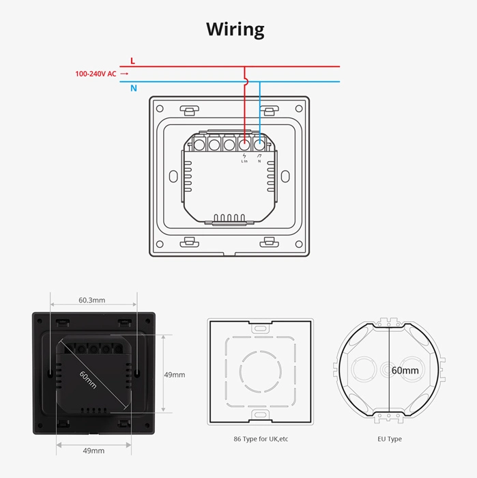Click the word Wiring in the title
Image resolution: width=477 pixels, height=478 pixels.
click(x=235, y=29)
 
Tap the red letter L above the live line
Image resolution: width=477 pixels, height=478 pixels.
click(x=132, y=61)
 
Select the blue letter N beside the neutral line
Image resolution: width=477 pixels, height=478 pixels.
click(x=133, y=88)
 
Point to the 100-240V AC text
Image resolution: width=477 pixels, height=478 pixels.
click(x=96, y=74)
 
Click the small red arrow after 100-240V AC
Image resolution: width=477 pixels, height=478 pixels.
click(x=124, y=74)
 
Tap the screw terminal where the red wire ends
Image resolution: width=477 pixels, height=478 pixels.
click(x=244, y=145)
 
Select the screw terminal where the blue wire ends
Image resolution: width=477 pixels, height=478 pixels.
click(x=259, y=145)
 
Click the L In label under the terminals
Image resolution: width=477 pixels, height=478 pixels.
click(x=244, y=161)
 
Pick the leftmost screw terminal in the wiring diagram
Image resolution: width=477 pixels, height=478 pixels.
click(x=199, y=145)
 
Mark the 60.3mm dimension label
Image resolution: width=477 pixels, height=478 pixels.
click(x=92, y=300)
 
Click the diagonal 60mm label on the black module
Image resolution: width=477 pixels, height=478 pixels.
click(x=87, y=380)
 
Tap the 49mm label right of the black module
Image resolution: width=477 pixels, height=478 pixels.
click(x=175, y=375)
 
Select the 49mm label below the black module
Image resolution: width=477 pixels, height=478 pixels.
click(x=93, y=451)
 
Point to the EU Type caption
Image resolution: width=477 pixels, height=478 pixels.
click(x=389, y=439)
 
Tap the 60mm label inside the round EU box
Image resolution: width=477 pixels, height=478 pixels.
click(x=405, y=371)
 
